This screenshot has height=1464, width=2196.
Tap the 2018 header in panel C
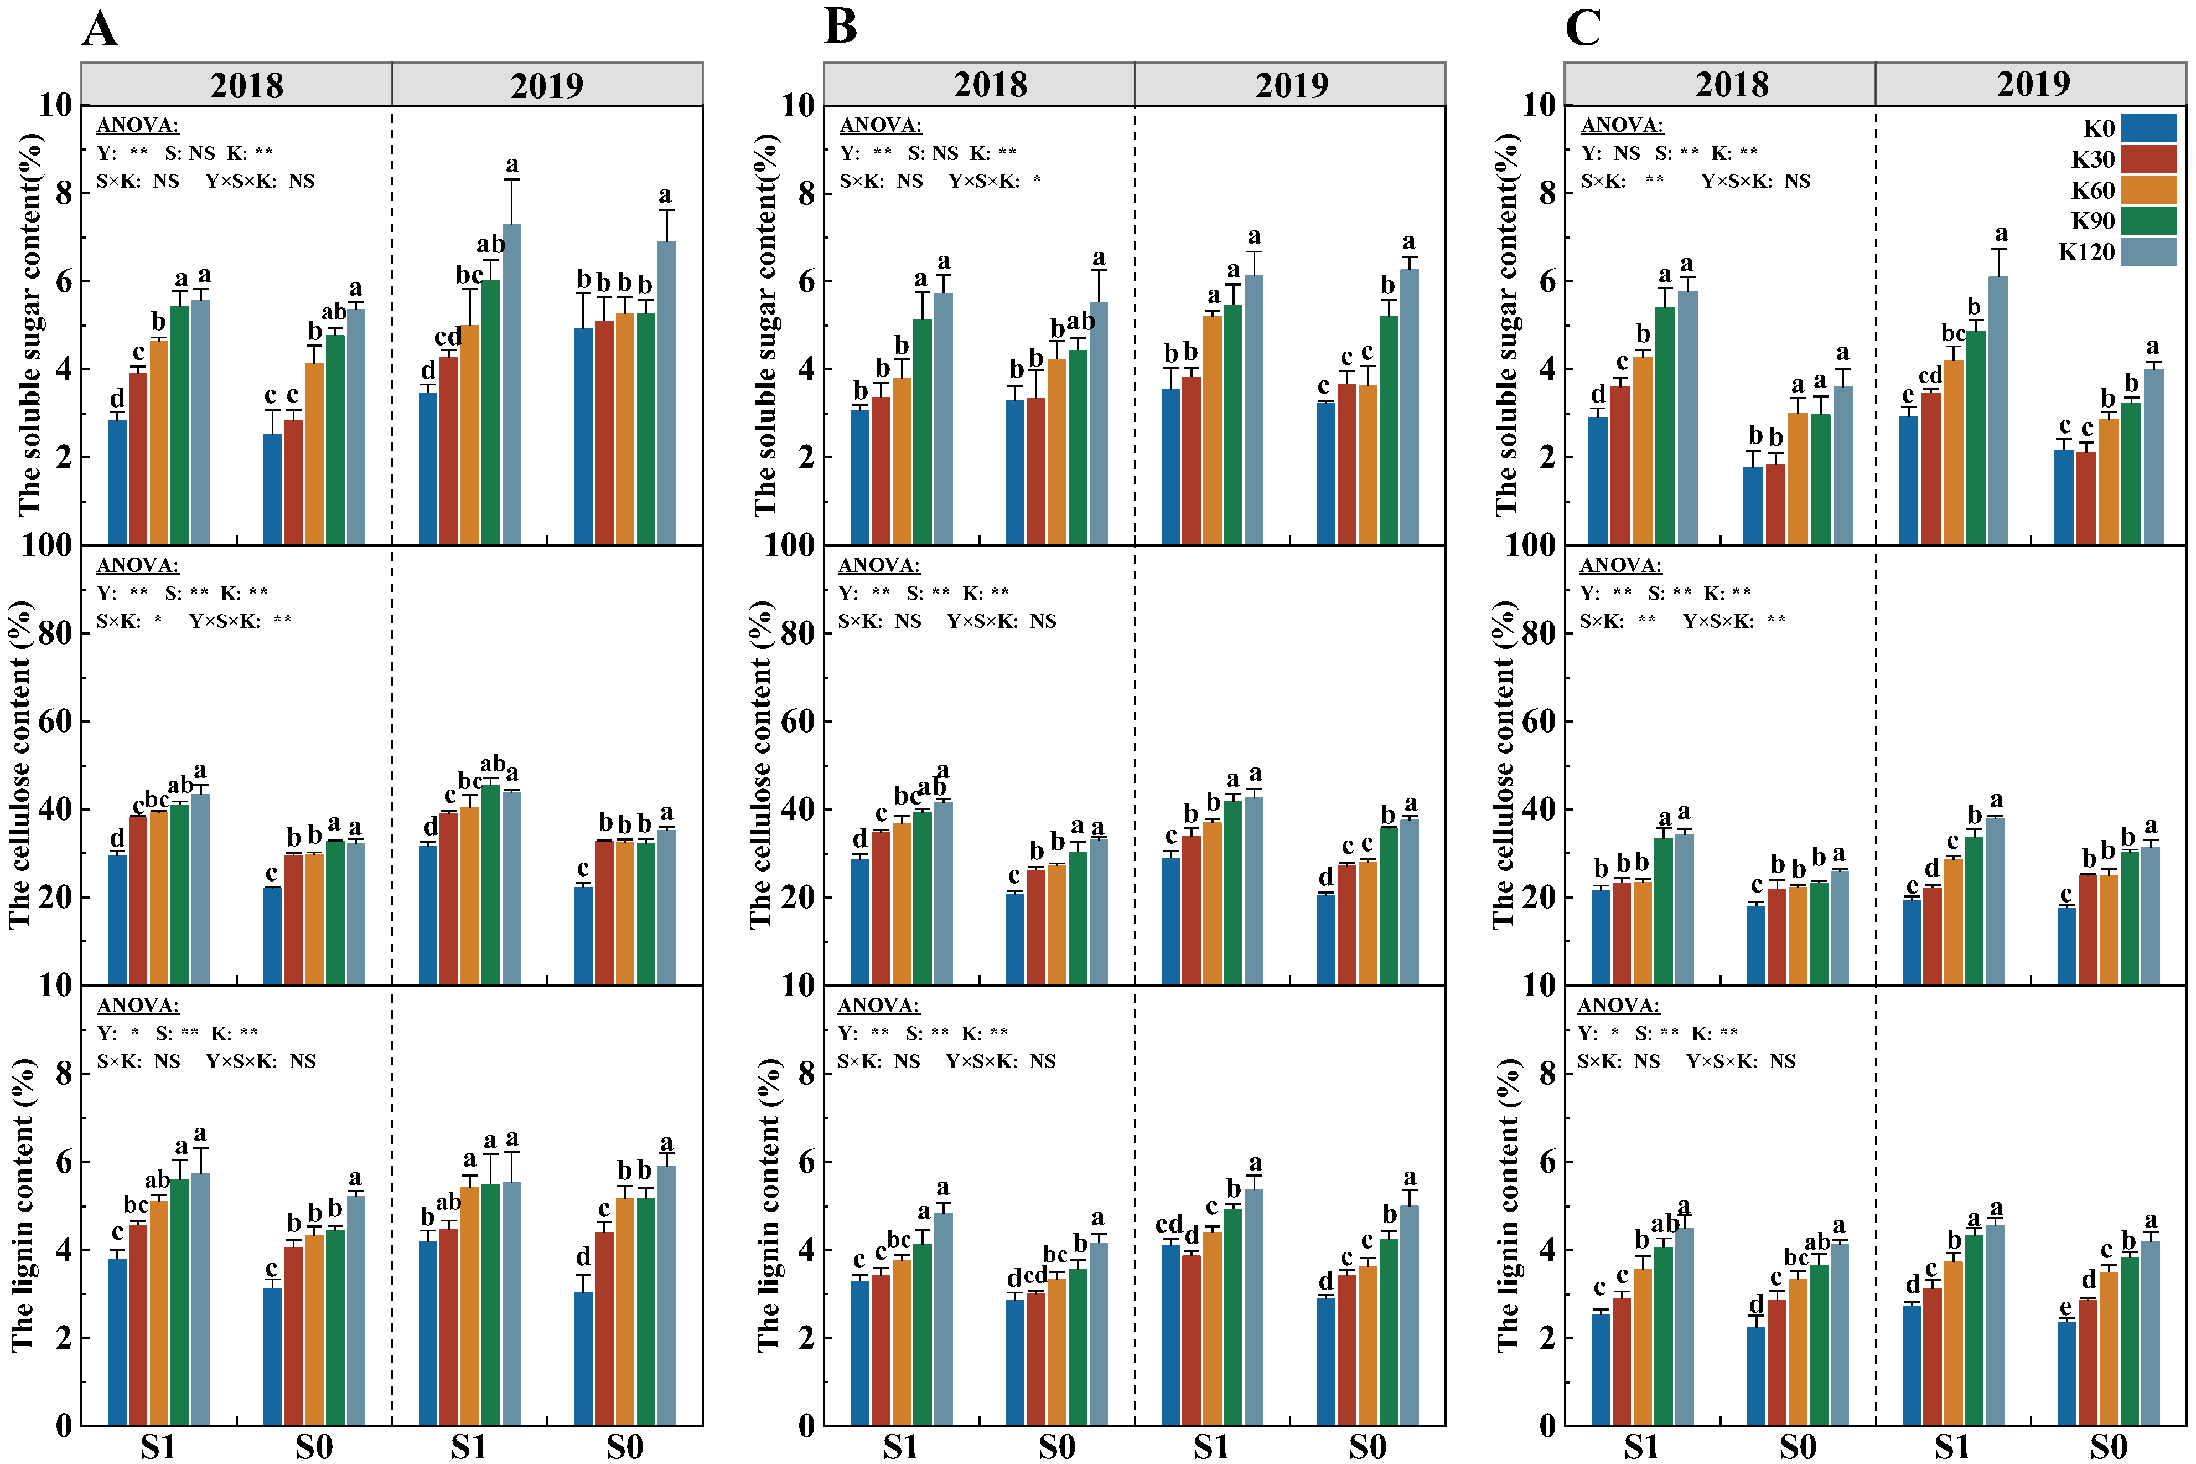click(x=1732, y=85)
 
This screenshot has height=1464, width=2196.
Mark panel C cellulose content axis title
click(x=1504, y=764)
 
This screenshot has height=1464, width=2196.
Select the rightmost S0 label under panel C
click(x=2108, y=1447)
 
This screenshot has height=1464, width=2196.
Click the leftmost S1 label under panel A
click(x=159, y=1447)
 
